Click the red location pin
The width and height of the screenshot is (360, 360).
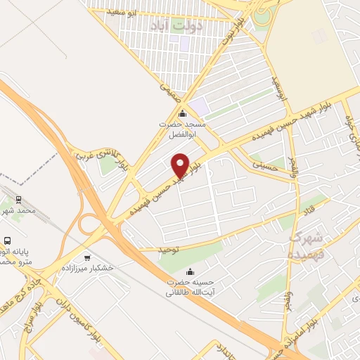(181, 165)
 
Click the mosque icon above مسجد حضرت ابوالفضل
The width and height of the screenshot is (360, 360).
(183, 113)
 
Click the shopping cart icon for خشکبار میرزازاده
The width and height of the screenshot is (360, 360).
(87, 257)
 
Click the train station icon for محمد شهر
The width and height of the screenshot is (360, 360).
(18, 199)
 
